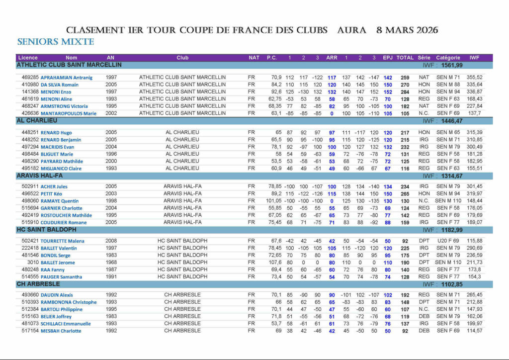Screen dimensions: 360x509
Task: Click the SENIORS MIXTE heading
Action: tap(56, 42)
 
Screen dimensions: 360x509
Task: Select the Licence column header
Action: tap(28, 58)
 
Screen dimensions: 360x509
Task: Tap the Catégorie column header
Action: tap(448, 58)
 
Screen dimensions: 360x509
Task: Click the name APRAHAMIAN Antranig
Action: tap(67, 78)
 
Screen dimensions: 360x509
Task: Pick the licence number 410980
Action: tap(30, 85)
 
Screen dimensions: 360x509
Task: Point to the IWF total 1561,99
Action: tap(452, 65)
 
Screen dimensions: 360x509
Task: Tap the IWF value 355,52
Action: tap(474, 78)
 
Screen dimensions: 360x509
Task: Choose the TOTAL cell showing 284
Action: tap(405, 92)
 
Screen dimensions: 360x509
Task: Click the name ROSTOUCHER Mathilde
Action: tap(67, 215)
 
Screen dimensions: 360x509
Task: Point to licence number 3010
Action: tap(33, 262)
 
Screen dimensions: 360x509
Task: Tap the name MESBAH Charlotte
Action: tap(61, 331)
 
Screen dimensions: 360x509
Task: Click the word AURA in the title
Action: tap(351, 30)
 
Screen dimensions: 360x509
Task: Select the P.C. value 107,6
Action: tap(275, 262)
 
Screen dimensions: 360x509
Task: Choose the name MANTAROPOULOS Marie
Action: tap(69, 113)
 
